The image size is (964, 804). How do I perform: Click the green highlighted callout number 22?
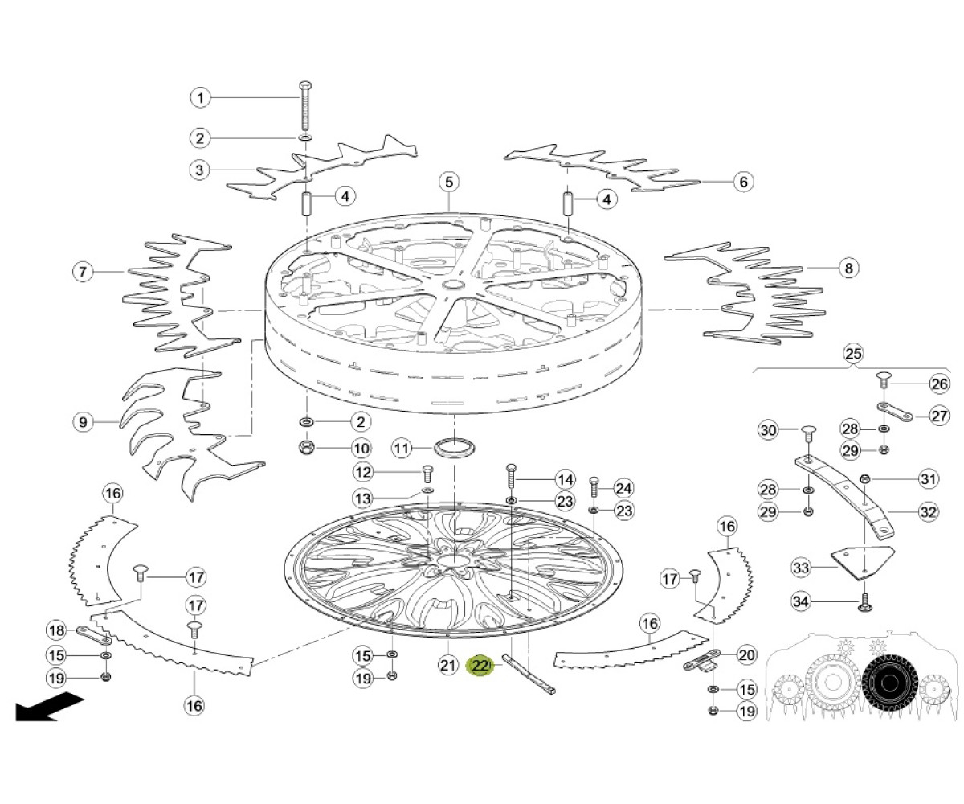click(480, 666)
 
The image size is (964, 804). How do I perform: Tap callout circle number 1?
click(200, 98)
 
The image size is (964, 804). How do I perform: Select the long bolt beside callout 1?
click(304, 106)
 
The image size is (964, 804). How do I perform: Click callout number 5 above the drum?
click(449, 182)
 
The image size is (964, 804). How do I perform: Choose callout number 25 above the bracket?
click(852, 354)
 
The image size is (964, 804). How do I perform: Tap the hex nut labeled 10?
click(306, 447)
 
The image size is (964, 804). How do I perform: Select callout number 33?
click(801, 567)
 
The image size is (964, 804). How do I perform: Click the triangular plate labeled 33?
click(863, 564)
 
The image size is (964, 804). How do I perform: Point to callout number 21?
click(447, 666)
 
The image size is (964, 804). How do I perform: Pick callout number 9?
click(83, 422)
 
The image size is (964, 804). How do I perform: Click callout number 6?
click(743, 182)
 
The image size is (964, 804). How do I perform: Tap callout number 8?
click(848, 268)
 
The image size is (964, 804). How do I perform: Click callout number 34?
click(801, 601)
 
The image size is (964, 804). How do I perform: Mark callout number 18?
click(57, 630)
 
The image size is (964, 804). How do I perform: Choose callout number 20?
click(746, 655)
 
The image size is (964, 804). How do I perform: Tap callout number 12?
click(363, 472)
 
